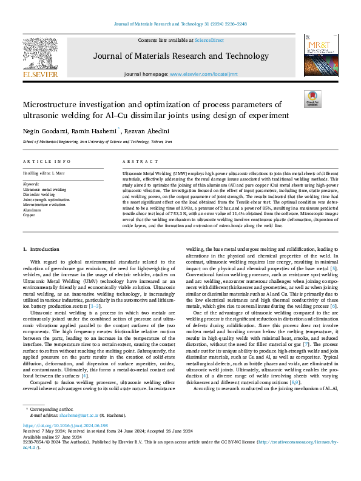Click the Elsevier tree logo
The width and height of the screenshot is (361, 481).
click(41, 56)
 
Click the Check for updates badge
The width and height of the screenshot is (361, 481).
click(311, 99)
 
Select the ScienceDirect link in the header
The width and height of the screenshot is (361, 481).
click(208, 40)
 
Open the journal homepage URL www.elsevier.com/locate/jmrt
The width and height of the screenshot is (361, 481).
click(203, 73)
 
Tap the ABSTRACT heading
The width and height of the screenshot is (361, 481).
click(137, 162)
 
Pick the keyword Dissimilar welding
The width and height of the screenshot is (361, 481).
click(39, 194)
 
